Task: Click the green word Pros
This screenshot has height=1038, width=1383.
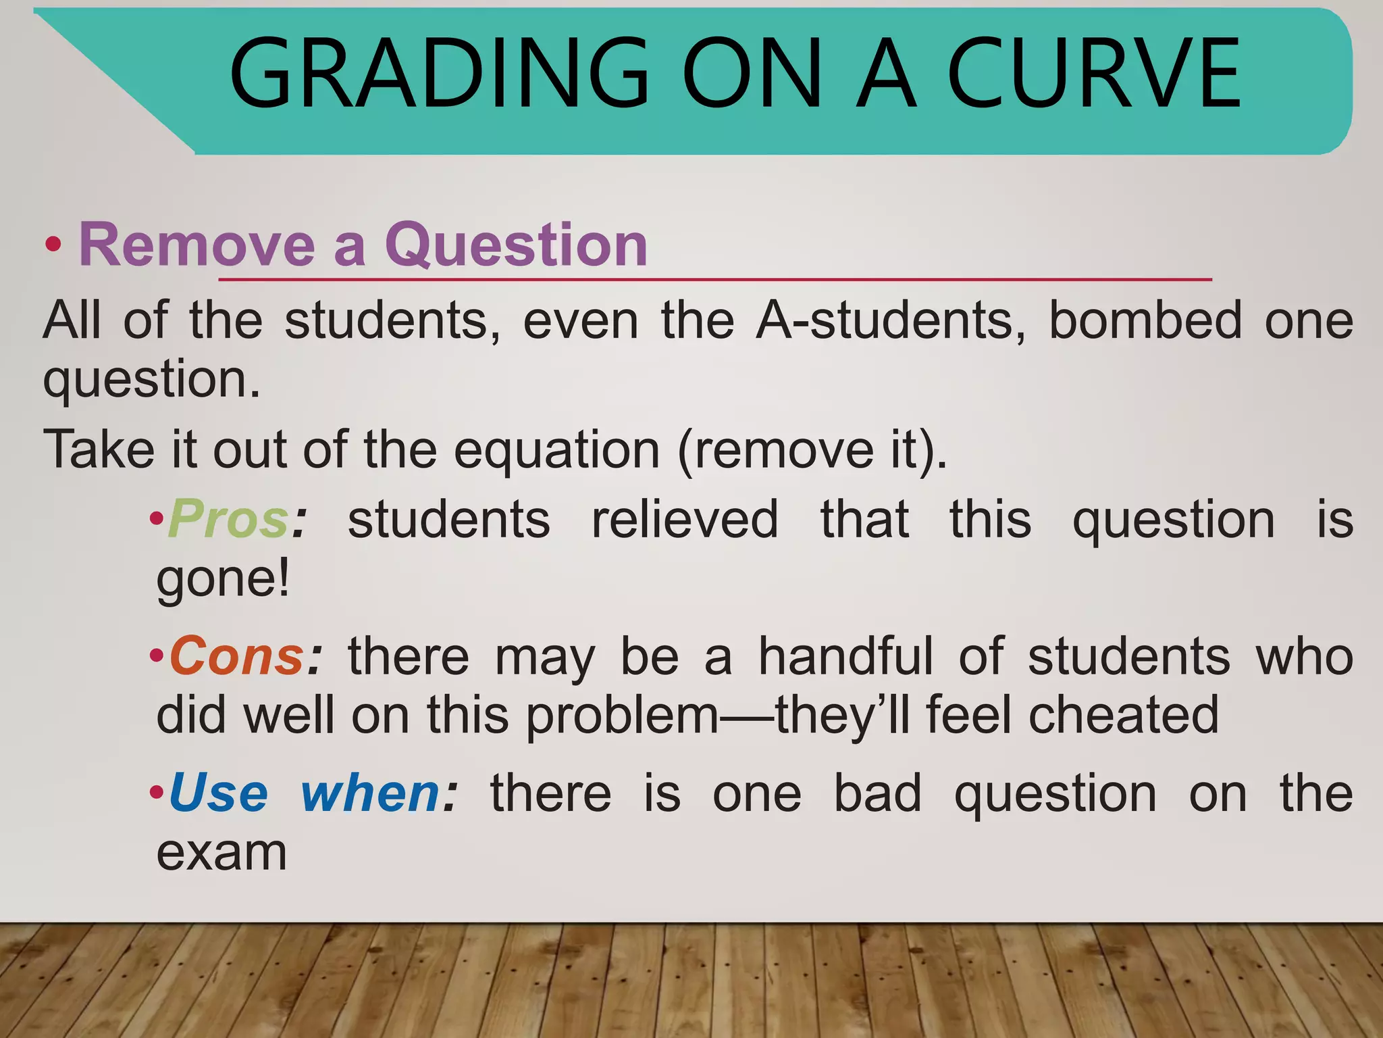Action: (x=228, y=519)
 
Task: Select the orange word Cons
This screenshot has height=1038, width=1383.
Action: (x=236, y=656)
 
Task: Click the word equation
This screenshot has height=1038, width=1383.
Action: (x=556, y=451)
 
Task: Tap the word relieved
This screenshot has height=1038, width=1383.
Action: (x=685, y=519)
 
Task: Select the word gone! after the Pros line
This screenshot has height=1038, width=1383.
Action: (x=224, y=580)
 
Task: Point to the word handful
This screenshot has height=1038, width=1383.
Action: (x=845, y=656)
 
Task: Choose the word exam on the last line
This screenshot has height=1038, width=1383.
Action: (x=221, y=853)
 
